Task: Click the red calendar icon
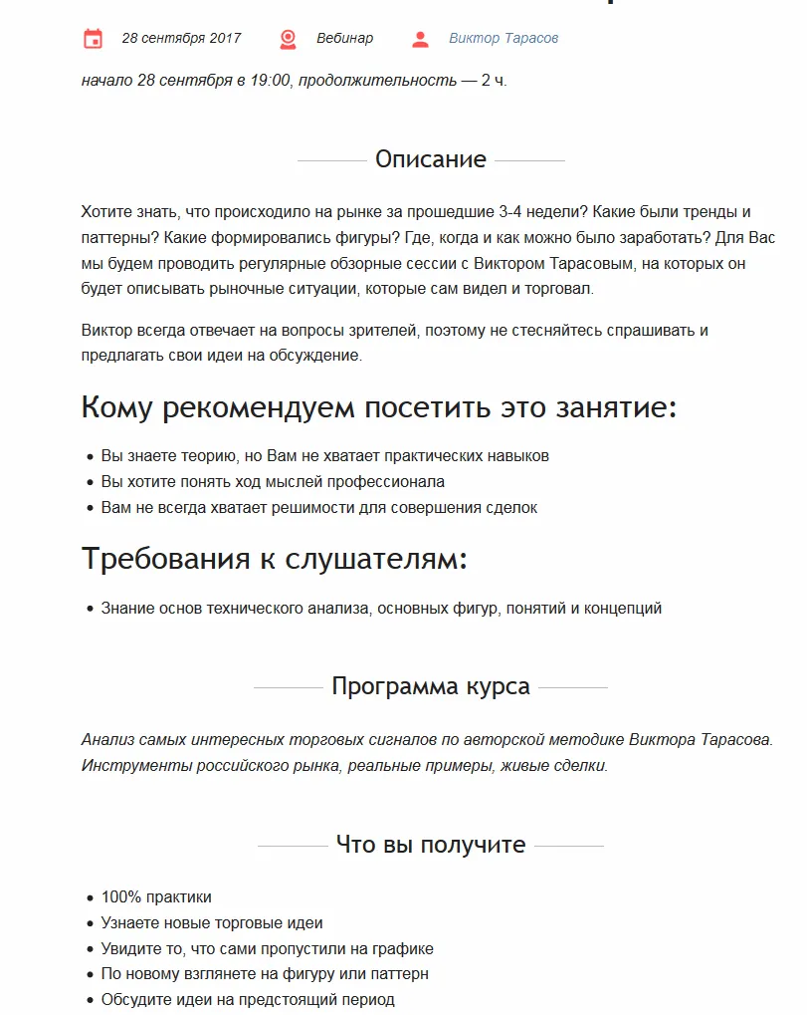[x=93, y=39]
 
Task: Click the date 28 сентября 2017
[x=181, y=39]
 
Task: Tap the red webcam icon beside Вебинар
[x=288, y=39]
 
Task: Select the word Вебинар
[x=344, y=39]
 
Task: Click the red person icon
[x=420, y=39]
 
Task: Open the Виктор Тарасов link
[x=503, y=39]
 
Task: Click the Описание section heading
[x=430, y=159]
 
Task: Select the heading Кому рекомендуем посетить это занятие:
[x=378, y=407]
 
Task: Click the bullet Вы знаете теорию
[x=324, y=456]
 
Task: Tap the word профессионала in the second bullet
[x=396, y=482]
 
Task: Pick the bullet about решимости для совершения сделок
[x=318, y=508]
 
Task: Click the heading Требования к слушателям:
[x=274, y=559]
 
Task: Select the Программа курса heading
[x=430, y=687]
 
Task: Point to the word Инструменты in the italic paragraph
[x=124, y=766]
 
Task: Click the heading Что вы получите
[x=430, y=845]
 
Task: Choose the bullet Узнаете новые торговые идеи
[x=211, y=923]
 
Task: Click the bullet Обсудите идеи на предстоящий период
[x=247, y=999]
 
